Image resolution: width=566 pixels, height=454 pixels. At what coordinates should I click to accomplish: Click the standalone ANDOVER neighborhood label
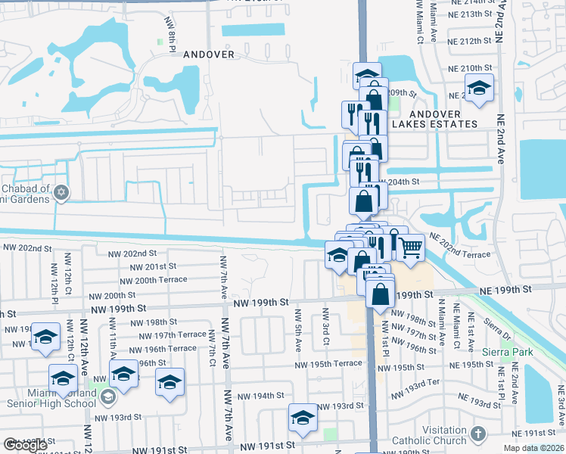pos(209,54)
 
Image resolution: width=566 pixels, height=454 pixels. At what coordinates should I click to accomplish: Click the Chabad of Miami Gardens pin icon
pos(62,193)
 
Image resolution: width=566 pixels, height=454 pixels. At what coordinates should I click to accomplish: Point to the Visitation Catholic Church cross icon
pos(477,434)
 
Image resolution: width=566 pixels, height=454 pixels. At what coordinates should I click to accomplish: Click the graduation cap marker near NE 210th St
pos(479,88)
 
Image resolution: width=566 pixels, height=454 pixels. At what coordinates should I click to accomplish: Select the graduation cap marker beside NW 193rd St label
pos(302,418)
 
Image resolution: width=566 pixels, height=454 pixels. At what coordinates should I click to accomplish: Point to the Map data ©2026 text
pos(531,448)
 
